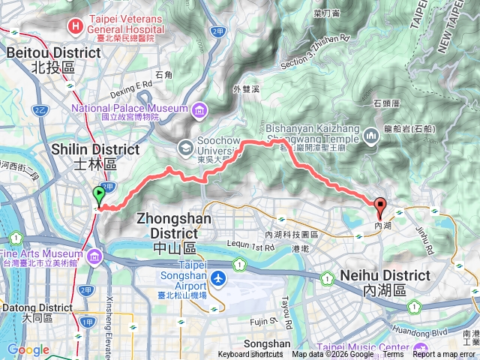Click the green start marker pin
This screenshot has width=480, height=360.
tap(98, 196)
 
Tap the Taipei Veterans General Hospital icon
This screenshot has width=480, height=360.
tap(75, 26)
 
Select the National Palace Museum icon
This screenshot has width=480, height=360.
tap(199, 112)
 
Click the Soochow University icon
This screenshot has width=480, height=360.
tap(184, 146)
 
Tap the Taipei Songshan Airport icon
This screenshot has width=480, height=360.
tap(218, 278)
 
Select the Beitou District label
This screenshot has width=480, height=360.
tap(54, 60)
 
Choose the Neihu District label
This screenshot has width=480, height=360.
tap(385, 283)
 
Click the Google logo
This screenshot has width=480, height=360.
tap(27, 349)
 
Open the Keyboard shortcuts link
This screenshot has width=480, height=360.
tap(250, 355)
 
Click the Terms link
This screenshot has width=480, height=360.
tap(393, 355)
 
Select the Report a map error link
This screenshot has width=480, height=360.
tap(444, 355)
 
